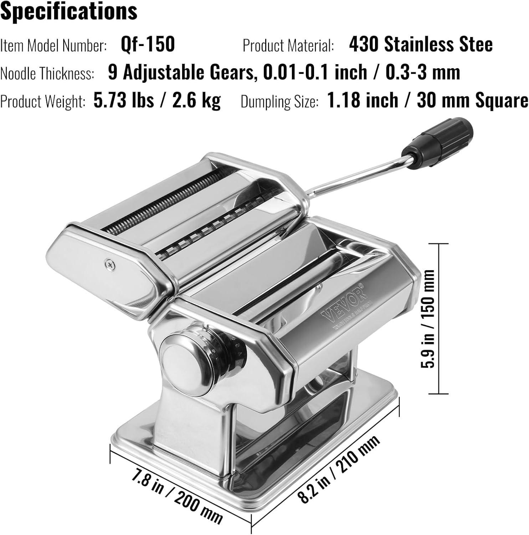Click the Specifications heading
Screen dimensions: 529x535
click(x=69, y=11)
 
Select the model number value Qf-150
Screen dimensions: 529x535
click(x=148, y=44)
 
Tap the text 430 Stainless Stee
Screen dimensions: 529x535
click(x=421, y=44)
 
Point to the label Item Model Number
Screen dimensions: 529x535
click(x=53, y=46)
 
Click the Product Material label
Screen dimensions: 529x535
click(x=288, y=46)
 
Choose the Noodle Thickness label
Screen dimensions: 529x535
click(x=47, y=73)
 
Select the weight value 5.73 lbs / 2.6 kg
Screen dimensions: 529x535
click(x=157, y=100)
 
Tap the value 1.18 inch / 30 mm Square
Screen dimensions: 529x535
click(x=427, y=100)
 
